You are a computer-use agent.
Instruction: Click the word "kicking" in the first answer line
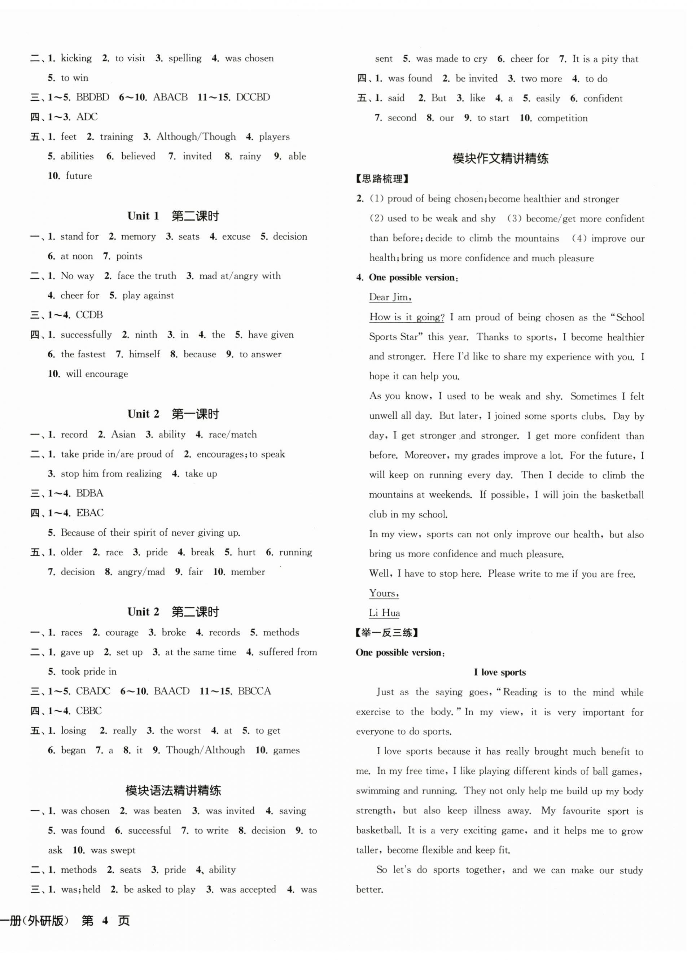point(76,58)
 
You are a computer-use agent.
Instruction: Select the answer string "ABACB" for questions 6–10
point(170,97)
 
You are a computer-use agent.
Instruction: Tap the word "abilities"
point(77,156)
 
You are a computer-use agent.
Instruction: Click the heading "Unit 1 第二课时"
point(173,216)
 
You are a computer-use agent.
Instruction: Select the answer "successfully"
point(86,335)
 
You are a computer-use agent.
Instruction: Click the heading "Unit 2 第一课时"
point(173,414)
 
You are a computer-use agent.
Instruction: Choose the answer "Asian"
point(123,434)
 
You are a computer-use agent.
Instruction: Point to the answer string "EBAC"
point(90,512)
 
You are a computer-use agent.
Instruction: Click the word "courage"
point(122,632)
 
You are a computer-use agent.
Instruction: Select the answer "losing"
point(74,730)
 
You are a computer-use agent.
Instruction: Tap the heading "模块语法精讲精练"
point(173,790)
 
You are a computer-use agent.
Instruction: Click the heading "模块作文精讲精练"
point(500,159)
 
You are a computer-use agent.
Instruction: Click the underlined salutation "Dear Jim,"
point(390,297)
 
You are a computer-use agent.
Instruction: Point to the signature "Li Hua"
point(384,612)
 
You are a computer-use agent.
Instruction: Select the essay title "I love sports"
point(500,672)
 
